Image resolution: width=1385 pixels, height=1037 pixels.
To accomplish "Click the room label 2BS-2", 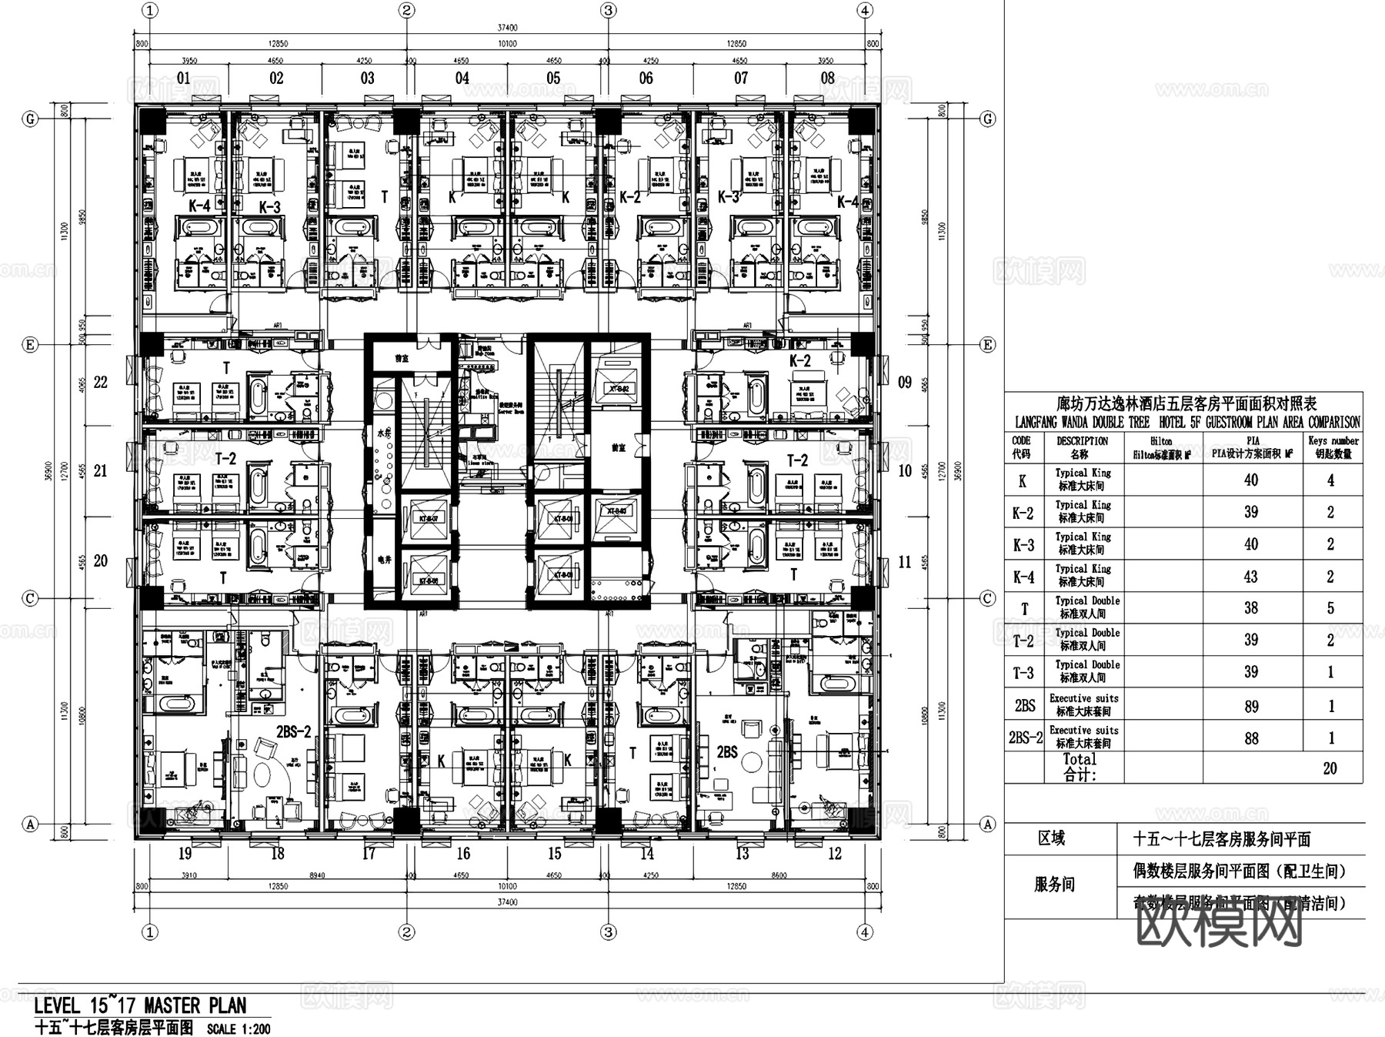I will (x=293, y=731).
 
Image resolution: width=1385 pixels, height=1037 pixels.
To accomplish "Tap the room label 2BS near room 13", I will (x=727, y=751).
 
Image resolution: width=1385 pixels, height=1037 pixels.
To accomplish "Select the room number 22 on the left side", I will (x=101, y=382).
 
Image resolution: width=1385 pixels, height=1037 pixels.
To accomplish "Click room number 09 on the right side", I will (x=905, y=382).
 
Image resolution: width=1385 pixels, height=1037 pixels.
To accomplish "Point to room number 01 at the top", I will (x=183, y=78).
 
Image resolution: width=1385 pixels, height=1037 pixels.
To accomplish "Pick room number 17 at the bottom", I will (x=369, y=853).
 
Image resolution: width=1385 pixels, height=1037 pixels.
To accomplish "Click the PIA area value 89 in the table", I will (x=1251, y=706).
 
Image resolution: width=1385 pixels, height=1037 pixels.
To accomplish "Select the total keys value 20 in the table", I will (x=1330, y=768).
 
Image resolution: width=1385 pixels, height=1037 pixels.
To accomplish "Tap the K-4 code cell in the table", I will (x=1023, y=577).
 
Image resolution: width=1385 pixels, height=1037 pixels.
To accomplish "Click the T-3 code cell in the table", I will (x=1023, y=673).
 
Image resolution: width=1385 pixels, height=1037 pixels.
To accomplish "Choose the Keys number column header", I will (x=1333, y=447).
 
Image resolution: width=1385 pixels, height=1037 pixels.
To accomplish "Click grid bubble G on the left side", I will (x=31, y=119).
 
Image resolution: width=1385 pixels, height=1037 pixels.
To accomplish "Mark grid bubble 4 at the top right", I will (x=866, y=10).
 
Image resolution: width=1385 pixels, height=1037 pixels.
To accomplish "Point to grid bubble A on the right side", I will (x=987, y=824).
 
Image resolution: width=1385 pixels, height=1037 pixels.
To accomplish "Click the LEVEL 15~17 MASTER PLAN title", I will (x=140, y=1005).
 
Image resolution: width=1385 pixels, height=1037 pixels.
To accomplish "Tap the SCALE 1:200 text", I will (x=239, y=1029).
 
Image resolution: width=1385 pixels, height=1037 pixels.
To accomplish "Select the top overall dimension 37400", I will (x=507, y=28).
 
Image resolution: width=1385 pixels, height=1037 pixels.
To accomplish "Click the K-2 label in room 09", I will (x=800, y=360).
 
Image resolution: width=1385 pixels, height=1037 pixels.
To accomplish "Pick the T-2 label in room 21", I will (x=225, y=458).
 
